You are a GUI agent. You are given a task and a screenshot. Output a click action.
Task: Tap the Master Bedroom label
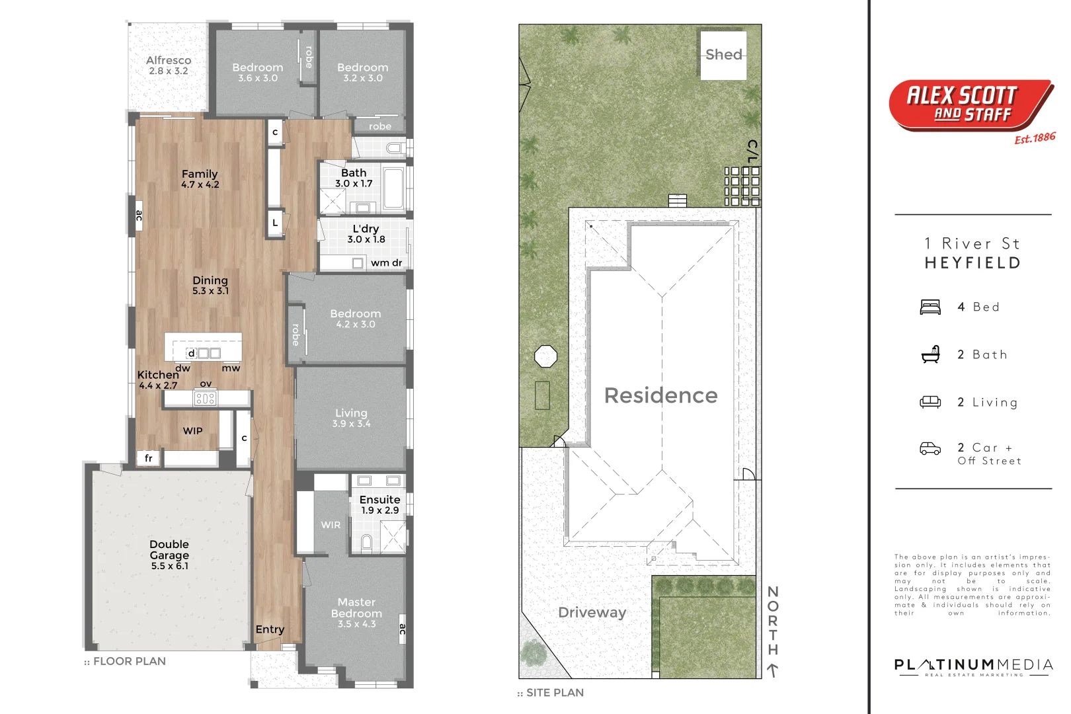coord(357,608)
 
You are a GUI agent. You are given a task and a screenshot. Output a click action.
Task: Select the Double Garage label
coord(169,549)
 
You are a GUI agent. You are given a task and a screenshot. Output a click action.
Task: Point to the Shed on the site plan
coord(723,55)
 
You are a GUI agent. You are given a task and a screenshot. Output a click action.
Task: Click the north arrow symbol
coord(772,670)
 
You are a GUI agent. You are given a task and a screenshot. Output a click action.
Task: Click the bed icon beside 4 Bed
coord(930,307)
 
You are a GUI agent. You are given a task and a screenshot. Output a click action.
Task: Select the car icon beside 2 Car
coord(930,449)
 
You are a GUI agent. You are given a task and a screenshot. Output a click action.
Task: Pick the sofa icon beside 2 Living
coord(930,402)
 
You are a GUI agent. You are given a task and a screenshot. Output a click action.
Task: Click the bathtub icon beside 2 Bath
coord(930,354)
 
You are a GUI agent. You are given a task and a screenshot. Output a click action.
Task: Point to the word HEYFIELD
coord(972,263)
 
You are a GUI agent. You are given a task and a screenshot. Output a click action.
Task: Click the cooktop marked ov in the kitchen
coord(205,399)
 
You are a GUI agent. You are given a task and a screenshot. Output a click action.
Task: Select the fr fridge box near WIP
coord(148,458)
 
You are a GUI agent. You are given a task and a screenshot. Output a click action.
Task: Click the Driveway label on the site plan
coord(592,612)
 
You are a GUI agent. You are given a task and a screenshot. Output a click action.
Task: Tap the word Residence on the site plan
coord(660,395)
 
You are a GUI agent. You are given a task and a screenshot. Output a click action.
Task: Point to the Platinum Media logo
coord(973,667)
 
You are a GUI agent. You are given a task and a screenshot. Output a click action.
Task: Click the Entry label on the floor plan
coord(270,630)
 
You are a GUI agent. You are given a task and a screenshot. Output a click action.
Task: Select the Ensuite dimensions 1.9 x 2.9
coord(380,510)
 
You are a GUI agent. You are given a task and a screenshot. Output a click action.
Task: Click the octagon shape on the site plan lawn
coord(545,356)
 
